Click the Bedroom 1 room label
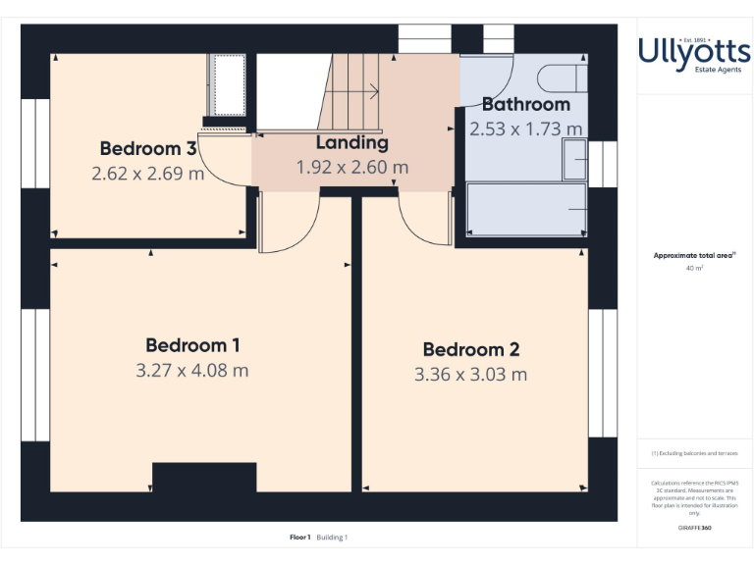192,345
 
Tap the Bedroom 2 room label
470,349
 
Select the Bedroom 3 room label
148,149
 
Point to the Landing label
352,143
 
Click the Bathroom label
525,104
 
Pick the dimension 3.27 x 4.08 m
192,371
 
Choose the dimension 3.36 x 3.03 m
470,375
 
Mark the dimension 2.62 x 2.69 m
148,174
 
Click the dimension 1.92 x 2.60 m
352,168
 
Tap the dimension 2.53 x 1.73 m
525,128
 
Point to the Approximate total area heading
694,255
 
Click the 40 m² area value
694,267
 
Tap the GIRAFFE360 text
694,529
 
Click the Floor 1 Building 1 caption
319,537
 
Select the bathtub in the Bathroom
526,209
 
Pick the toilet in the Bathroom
565,78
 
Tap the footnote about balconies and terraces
694,453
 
